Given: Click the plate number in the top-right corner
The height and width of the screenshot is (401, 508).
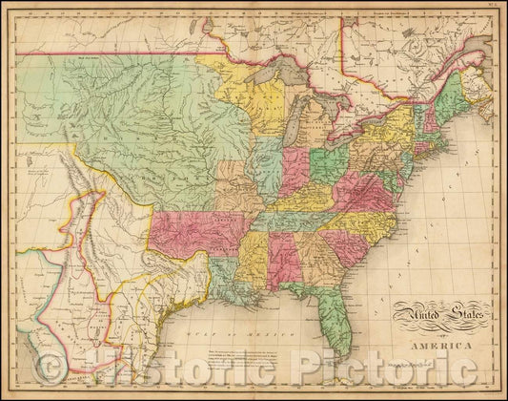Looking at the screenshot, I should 496,7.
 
